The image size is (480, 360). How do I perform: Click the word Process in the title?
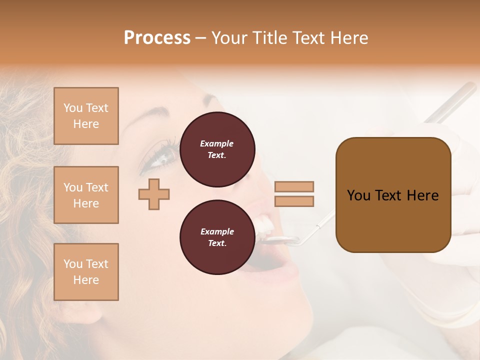click(157, 38)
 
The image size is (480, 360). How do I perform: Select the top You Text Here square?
click(86, 116)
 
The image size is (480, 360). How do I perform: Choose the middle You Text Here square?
click(86, 195)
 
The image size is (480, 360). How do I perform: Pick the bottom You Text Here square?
click(86, 271)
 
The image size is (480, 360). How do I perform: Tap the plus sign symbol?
click(154, 194)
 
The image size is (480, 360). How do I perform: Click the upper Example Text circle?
click(217, 149)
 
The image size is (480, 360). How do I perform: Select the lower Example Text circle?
click(217, 237)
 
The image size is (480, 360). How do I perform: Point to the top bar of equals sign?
click(294, 187)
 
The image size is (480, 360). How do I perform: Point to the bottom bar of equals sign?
click(294, 201)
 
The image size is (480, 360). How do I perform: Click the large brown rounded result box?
click(393, 195)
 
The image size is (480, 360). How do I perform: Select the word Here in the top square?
click(86, 124)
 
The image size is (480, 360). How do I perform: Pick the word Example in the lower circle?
click(217, 231)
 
